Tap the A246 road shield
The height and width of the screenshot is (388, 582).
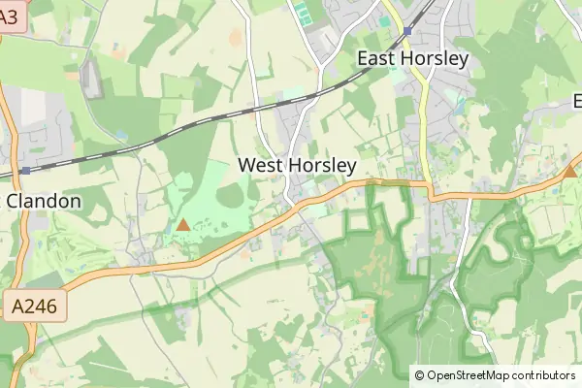click(35, 307)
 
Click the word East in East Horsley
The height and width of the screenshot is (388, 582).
click(379, 58)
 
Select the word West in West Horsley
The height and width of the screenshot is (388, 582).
click(261, 166)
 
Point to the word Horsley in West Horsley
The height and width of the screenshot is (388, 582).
click(321, 166)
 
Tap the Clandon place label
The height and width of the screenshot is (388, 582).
click(45, 201)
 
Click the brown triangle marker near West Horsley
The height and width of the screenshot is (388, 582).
click(183, 225)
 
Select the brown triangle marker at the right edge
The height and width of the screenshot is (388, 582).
click(569, 172)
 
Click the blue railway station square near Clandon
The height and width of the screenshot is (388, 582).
click(25, 171)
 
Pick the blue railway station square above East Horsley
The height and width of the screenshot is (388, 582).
click(408, 31)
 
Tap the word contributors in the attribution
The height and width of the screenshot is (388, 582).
click(543, 375)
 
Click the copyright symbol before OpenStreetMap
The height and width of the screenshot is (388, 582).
click(419, 375)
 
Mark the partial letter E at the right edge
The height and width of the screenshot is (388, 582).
click(577, 101)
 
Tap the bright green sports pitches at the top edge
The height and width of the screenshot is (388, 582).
click(304, 13)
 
